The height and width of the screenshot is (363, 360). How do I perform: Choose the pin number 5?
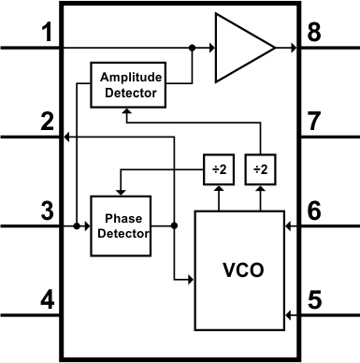click(x=315, y=301)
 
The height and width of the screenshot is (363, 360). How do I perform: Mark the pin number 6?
click(x=315, y=211)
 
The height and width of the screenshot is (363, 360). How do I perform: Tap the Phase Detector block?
click(x=120, y=226)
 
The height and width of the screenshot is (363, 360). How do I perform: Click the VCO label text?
click(x=243, y=271)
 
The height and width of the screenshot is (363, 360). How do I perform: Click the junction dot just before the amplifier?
click(x=192, y=47)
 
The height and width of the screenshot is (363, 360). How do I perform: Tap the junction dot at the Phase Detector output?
click(x=175, y=226)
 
